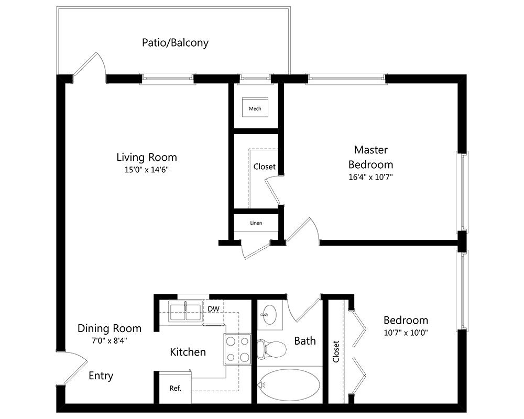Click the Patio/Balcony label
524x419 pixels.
tap(175, 42)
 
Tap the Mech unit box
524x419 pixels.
tap(255, 108)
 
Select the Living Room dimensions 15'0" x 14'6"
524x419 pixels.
tap(146, 170)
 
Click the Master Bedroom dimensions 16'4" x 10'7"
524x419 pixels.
tap(370, 177)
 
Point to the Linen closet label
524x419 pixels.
tap(256, 223)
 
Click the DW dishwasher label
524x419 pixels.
tap(213, 308)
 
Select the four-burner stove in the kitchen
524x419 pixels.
tap(237, 349)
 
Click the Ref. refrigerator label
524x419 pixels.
tap(175, 389)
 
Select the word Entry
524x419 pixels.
tap(101, 376)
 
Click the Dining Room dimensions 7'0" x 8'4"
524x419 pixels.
tap(109, 340)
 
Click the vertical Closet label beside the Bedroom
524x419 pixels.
tap(336, 351)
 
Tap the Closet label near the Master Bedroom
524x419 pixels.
tap(264, 167)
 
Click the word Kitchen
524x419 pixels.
tap(188, 352)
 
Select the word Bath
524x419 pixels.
tap(304, 341)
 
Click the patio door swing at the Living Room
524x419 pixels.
tap(89, 65)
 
